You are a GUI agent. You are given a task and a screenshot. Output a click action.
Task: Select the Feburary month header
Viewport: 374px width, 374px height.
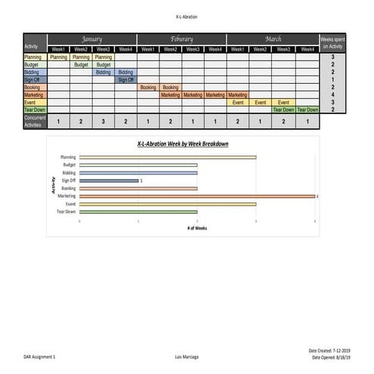181,39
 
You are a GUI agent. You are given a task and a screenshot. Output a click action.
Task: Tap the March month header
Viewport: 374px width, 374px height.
273,39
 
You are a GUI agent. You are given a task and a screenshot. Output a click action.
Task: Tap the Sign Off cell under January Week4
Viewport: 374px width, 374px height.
125,79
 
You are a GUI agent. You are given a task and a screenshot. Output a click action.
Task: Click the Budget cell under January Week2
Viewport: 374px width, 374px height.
81,65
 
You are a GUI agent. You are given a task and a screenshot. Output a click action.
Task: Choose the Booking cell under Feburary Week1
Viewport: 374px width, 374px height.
148,88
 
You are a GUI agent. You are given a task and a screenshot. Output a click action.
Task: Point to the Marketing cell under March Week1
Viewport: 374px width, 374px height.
237,95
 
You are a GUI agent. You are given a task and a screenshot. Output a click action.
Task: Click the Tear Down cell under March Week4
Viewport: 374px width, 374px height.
308,110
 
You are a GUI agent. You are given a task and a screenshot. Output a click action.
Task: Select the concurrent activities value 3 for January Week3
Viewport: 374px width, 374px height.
104,121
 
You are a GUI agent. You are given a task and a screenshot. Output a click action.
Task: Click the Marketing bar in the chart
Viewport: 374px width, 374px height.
196,196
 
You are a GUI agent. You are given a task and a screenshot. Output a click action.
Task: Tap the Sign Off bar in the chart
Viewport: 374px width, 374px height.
109,181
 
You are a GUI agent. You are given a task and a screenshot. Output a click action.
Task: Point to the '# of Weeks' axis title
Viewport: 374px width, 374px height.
197,227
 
